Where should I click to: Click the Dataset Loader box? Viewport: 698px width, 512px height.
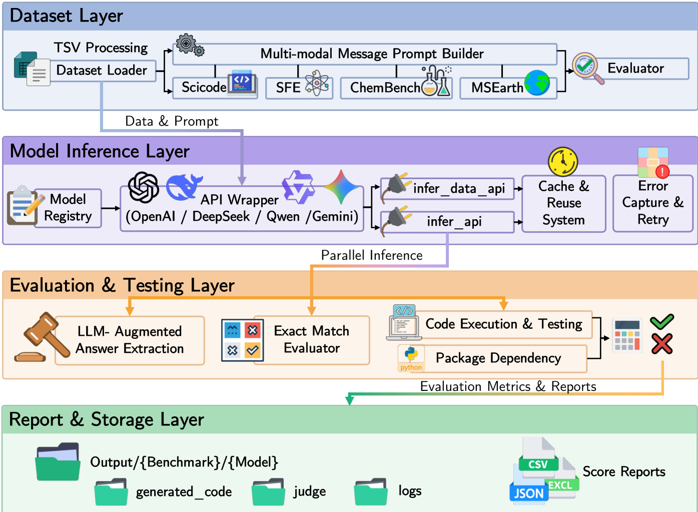coord(102,71)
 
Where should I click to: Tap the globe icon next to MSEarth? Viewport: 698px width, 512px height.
coord(537,83)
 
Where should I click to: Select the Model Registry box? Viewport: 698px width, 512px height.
coord(68,208)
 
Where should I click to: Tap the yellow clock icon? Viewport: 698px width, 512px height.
coord(563,162)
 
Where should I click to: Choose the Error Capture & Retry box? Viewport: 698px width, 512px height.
coord(652,203)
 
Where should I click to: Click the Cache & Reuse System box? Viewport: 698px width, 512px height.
coord(563,203)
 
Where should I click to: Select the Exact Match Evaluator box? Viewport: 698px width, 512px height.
coord(312,340)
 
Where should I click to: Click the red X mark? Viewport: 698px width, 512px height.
coord(662,344)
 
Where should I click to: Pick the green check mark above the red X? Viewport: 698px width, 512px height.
coord(661,322)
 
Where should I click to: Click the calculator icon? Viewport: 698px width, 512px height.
coord(627,336)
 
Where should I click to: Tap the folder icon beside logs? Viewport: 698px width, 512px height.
coord(371,492)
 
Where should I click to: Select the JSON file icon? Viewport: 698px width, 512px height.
coord(529,492)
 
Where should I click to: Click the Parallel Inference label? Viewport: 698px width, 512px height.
coord(372,255)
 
